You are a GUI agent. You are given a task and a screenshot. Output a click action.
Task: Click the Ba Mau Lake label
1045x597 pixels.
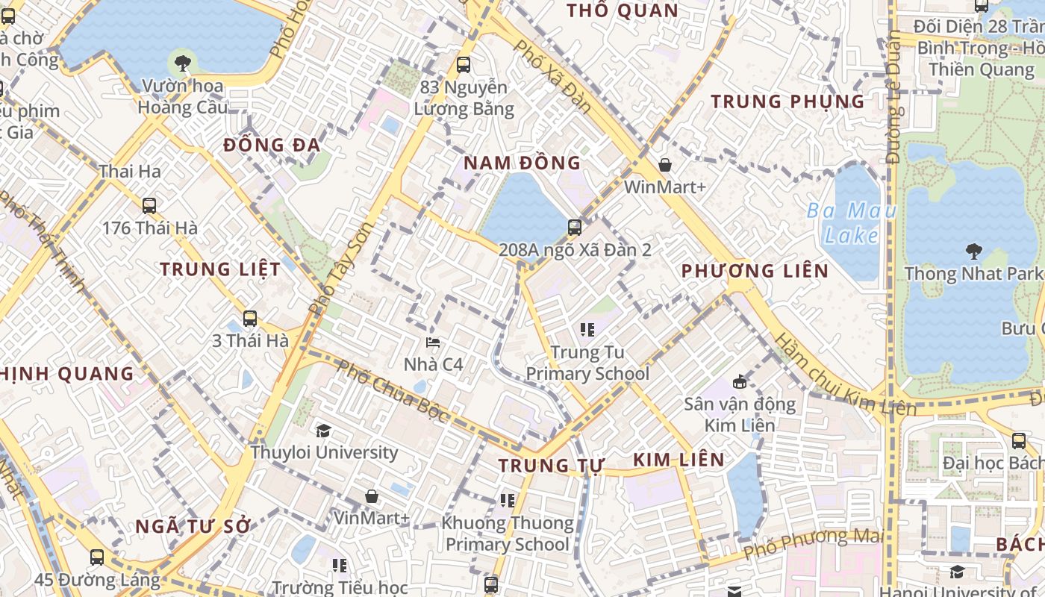(x=852, y=223)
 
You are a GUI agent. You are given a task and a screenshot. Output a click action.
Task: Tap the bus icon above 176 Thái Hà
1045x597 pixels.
(x=149, y=205)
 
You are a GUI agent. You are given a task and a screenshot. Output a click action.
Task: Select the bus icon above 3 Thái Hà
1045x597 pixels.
(x=250, y=318)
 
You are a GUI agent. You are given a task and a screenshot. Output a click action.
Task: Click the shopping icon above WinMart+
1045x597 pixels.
(x=665, y=165)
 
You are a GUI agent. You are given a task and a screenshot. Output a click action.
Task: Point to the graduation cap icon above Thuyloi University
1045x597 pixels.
(x=323, y=431)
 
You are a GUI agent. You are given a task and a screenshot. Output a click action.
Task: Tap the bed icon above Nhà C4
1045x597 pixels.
(x=433, y=343)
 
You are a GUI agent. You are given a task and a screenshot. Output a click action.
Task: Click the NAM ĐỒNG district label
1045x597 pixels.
(x=522, y=163)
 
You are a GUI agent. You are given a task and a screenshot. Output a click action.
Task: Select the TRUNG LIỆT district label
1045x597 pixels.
(x=220, y=269)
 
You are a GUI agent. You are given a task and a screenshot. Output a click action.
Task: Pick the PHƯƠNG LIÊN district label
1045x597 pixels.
(x=755, y=271)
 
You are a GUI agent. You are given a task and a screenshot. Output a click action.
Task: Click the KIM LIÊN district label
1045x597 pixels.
(x=679, y=460)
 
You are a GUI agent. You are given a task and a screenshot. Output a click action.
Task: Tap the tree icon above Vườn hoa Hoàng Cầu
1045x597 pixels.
(x=181, y=63)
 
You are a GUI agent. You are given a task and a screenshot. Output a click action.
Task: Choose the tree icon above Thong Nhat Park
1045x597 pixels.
(x=973, y=251)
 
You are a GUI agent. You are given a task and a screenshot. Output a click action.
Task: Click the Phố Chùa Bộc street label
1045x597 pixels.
(x=391, y=391)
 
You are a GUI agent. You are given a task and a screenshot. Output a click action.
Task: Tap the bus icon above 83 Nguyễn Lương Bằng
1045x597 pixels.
(x=464, y=65)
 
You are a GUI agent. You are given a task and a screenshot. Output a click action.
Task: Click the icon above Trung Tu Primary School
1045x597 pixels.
(x=587, y=329)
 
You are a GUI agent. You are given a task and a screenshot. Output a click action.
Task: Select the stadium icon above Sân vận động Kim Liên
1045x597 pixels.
(x=740, y=381)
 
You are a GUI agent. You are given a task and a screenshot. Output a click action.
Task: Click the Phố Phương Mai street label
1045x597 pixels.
(x=813, y=545)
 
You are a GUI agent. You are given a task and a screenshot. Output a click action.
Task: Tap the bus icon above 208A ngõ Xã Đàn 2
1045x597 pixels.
(x=575, y=227)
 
